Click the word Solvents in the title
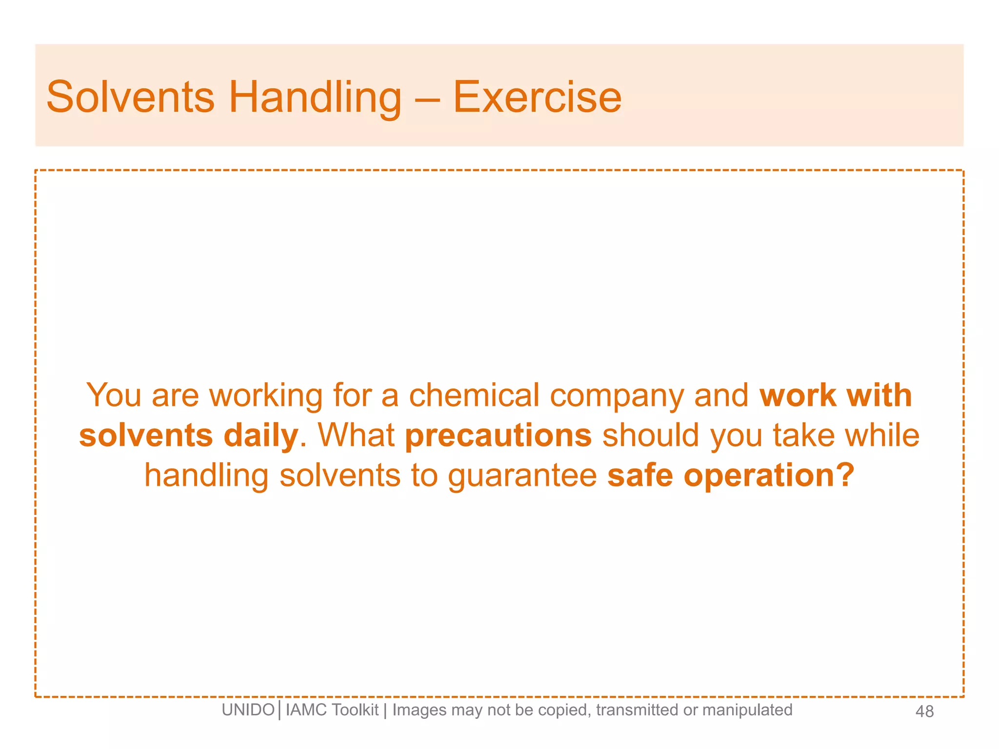(130, 97)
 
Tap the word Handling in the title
(315, 97)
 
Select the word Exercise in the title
(537, 97)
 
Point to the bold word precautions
(498, 435)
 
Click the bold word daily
(260, 435)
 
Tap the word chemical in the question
(474, 394)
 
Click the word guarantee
(522, 476)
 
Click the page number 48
(924, 711)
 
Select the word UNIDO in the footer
(248, 710)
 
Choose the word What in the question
(356, 435)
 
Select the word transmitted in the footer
(637, 710)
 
